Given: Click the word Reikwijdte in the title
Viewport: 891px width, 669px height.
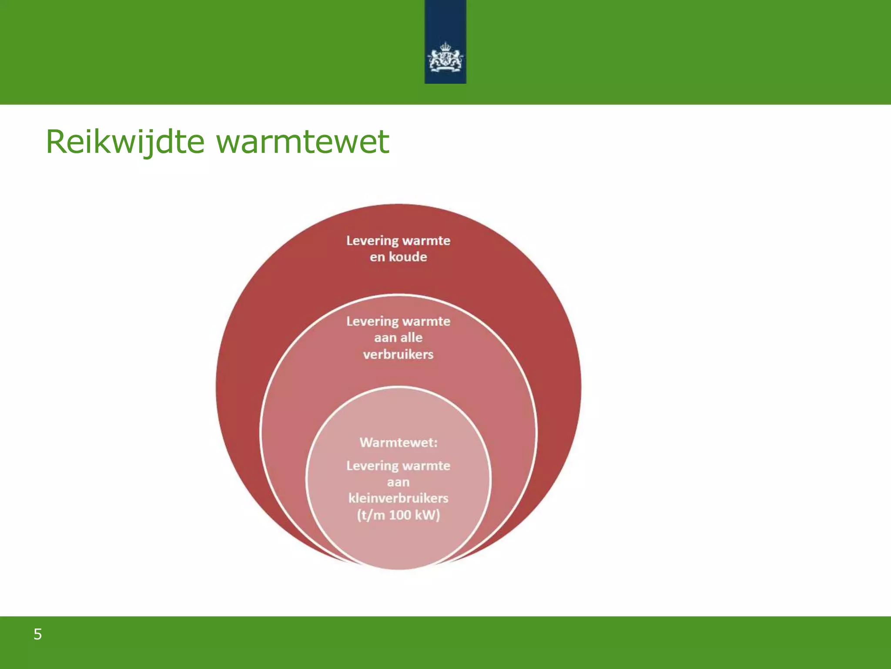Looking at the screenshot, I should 125,142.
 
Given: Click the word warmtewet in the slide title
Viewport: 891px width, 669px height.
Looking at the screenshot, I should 303,142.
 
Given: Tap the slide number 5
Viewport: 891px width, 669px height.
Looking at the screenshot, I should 38,634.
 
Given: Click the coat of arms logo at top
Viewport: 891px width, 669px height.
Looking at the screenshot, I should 445,58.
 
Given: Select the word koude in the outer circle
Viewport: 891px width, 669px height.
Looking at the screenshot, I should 408,257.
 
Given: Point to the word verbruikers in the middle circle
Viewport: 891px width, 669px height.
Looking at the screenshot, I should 398,354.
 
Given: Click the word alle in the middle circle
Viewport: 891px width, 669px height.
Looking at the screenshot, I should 411,338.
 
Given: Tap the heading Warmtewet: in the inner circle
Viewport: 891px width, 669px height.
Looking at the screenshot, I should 398,443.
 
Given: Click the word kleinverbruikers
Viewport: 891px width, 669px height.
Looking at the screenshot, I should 398,498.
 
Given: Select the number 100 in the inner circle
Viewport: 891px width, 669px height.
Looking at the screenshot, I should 400,515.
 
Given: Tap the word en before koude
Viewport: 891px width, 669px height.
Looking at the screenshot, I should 377,257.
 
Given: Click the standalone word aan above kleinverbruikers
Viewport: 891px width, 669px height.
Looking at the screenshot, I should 398,483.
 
